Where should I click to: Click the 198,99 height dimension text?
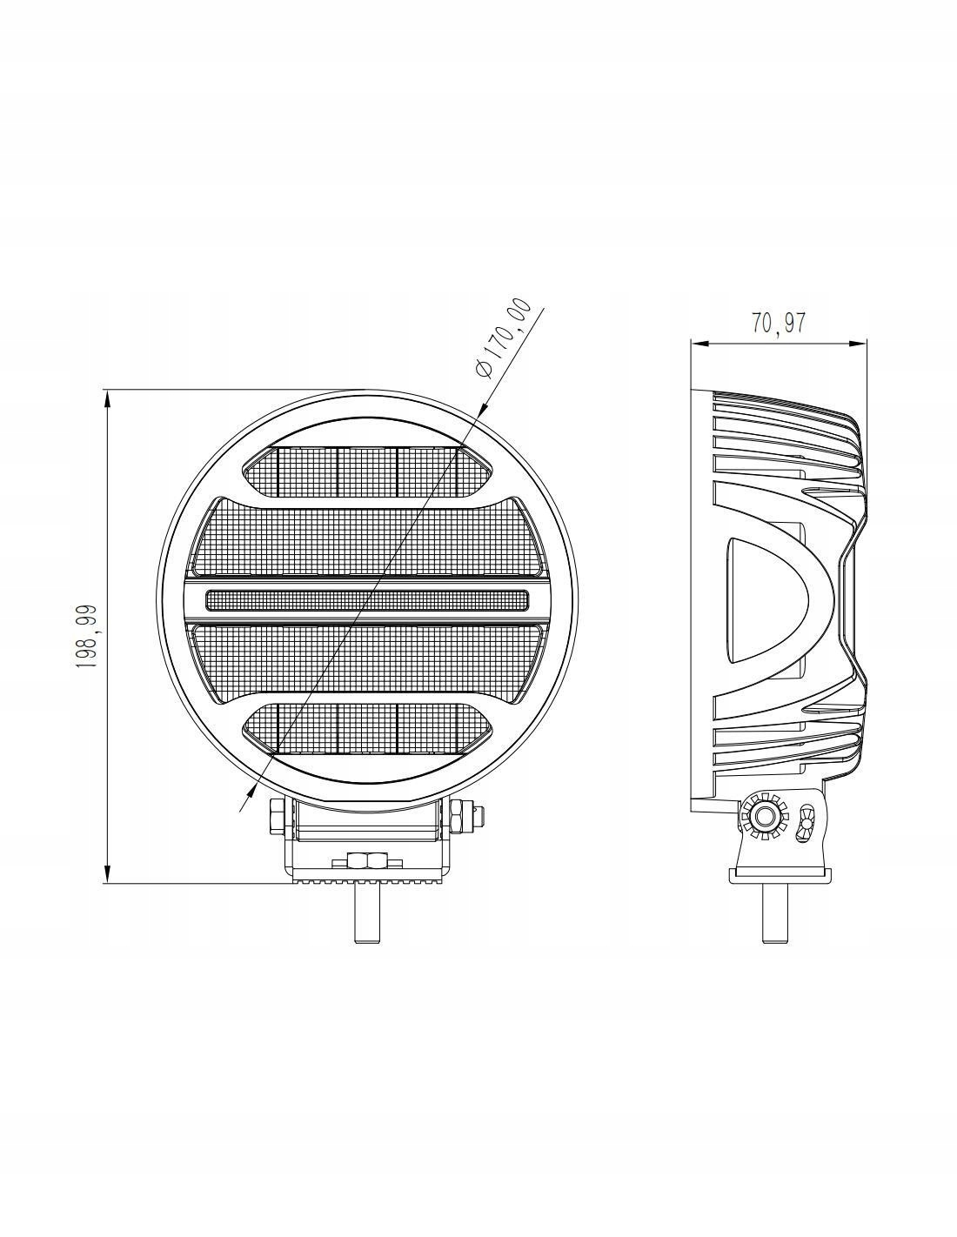click(86, 637)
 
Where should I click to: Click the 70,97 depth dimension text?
click(779, 323)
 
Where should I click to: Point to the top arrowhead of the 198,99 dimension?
click(107, 398)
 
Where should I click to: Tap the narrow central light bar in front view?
click(366, 599)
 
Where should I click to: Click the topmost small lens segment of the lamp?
click(366, 471)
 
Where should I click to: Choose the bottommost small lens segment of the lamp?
click(366, 728)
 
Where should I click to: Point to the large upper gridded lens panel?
click(366, 537)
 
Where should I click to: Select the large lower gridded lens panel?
click(366, 661)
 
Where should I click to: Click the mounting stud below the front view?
click(367, 913)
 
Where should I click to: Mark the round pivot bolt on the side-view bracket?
click(766, 817)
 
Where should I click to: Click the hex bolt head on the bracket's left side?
click(276, 819)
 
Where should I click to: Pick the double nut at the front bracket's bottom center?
click(367, 861)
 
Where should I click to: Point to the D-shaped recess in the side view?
click(766, 600)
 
